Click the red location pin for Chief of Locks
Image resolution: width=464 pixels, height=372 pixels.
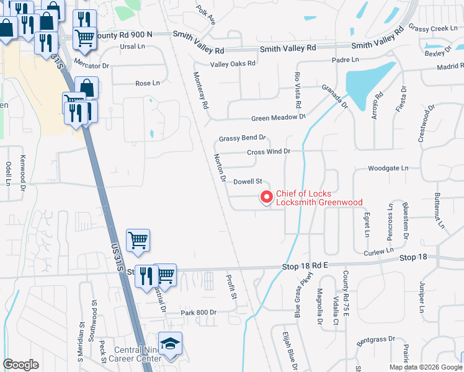click(x=267, y=197)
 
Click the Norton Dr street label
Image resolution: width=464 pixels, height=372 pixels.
click(x=219, y=167)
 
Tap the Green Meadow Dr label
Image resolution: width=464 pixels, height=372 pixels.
click(x=279, y=117)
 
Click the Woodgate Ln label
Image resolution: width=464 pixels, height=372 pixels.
click(x=388, y=168)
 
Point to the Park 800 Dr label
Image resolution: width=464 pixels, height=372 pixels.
click(x=198, y=312)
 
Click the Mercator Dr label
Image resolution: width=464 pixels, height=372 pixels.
click(x=91, y=64)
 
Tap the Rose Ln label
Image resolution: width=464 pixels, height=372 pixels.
click(x=147, y=83)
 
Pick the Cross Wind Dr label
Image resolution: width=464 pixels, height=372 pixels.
click(x=269, y=151)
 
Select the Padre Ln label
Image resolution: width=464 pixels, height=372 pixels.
click(x=346, y=60)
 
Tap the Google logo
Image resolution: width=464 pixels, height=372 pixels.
click(x=21, y=364)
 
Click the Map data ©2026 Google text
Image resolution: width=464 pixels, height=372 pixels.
click(x=426, y=367)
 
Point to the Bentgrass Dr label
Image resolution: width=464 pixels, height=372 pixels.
click(x=376, y=340)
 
